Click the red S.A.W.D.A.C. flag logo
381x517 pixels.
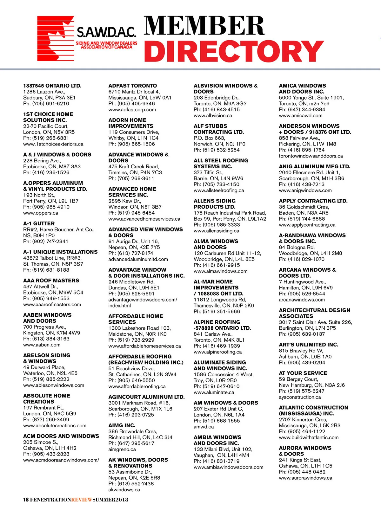(56, 38)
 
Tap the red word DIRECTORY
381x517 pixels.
(234, 51)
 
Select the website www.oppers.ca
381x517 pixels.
(41, 213)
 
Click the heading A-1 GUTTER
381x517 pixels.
(39, 223)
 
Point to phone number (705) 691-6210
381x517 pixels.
(50, 104)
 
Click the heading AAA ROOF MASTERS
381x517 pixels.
(51, 281)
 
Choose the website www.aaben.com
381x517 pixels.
(42, 345)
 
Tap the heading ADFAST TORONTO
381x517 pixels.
(132, 86)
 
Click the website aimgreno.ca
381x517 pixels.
(122, 449)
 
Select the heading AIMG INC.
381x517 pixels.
(122, 425)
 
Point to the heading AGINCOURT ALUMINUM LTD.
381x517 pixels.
(146, 397)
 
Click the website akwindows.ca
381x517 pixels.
(124, 490)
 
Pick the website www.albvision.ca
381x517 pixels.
(213, 116)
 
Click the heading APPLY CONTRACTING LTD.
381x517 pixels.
(313, 201)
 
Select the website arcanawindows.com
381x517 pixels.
(302, 300)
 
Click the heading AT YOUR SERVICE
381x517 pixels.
(303, 373)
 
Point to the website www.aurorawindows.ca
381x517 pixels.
(305, 478)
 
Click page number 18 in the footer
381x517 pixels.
(26, 500)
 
